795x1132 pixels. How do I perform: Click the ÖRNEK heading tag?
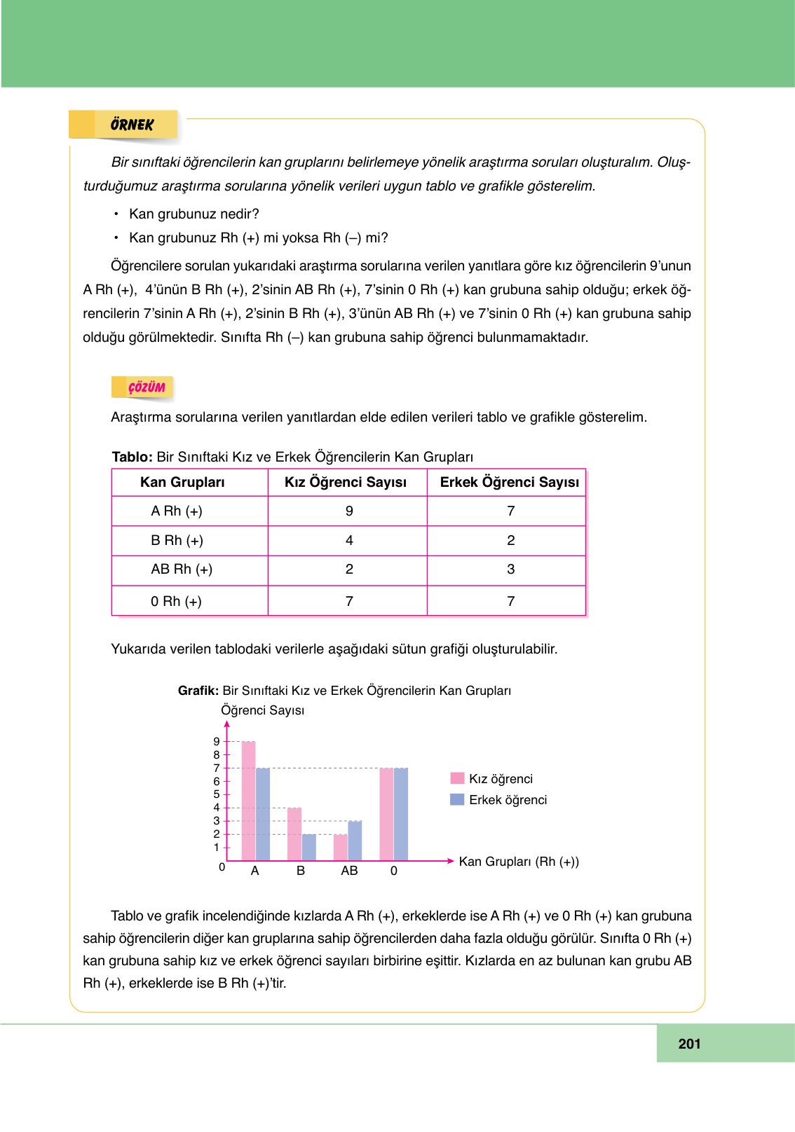pyautogui.click(x=132, y=125)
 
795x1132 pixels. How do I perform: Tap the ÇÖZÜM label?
pyautogui.click(x=146, y=387)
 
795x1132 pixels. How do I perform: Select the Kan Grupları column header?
pyautogui.click(x=182, y=482)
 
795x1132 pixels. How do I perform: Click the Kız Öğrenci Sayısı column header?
pyautogui.click(x=346, y=482)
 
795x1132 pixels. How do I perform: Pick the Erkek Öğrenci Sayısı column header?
pyautogui.click(x=510, y=482)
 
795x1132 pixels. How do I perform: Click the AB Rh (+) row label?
pyautogui.click(x=182, y=569)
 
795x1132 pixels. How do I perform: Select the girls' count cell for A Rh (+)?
pyautogui.click(x=349, y=511)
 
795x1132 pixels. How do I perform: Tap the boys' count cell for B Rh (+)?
pyautogui.click(x=511, y=540)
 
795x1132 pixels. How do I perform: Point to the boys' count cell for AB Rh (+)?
pyautogui.click(x=511, y=569)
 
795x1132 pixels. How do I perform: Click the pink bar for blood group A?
pyautogui.click(x=248, y=801)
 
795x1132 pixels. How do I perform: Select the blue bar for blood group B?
pyautogui.click(x=309, y=847)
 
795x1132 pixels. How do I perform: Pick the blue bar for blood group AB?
pyautogui.click(x=355, y=841)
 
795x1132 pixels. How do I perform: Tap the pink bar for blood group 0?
pyautogui.click(x=386, y=814)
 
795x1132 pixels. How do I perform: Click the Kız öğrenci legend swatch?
pyautogui.click(x=457, y=778)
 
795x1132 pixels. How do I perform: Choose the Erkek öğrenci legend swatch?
pyautogui.click(x=457, y=799)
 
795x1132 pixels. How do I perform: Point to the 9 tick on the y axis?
pyautogui.click(x=217, y=741)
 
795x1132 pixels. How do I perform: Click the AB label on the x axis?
pyautogui.click(x=349, y=871)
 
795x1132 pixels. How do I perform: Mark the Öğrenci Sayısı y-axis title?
pyautogui.click(x=263, y=710)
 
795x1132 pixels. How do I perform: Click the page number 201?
pyautogui.click(x=689, y=1044)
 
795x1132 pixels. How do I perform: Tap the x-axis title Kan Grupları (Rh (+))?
pyautogui.click(x=519, y=862)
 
